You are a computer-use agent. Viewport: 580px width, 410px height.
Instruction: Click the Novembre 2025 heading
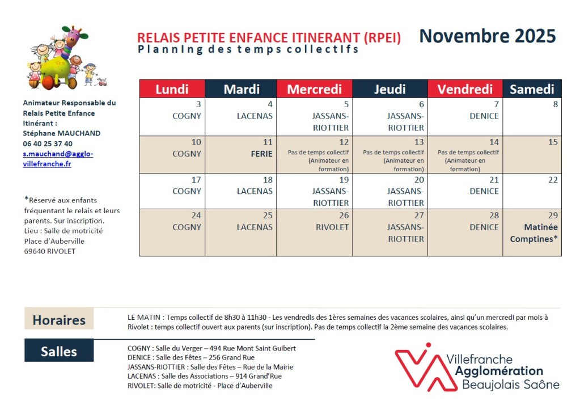click(x=487, y=36)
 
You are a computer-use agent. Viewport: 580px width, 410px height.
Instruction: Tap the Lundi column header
click(x=172, y=89)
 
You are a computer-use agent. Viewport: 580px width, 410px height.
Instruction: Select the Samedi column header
click(x=532, y=89)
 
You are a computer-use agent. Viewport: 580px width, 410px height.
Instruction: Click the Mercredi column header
click(x=314, y=89)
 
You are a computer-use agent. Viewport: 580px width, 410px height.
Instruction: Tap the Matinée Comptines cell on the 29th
click(x=534, y=233)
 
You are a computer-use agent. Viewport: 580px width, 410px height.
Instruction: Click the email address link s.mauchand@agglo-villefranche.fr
click(x=58, y=159)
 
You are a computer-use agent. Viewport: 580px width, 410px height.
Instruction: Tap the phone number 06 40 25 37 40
click(x=48, y=143)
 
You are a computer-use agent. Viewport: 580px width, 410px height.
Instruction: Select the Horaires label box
click(x=59, y=320)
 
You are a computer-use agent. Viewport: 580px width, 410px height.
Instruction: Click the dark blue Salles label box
click(x=59, y=351)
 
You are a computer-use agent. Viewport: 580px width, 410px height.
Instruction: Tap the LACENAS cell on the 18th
click(x=255, y=191)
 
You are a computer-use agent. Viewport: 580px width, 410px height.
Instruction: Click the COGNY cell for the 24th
click(x=187, y=227)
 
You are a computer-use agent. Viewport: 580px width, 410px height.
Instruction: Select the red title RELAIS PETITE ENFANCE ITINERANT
click(x=269, y=38)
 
